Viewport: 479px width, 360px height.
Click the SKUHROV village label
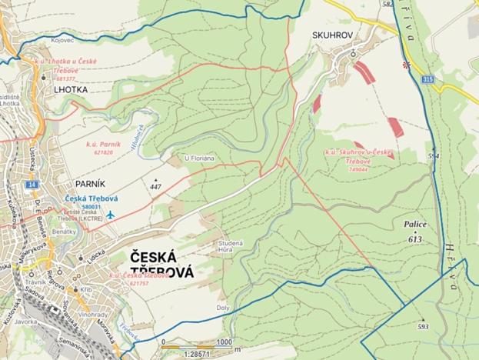pyautogui.click(x=332, y=36)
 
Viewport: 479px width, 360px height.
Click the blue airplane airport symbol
pyautogui.click(x=111, y=215)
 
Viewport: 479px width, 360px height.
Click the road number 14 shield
pyautogui.click(x=31, y=185)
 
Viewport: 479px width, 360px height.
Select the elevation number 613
pyautogui.click(x=417, y=240)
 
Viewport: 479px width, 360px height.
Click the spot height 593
pyautogui.click(x=422, y=326)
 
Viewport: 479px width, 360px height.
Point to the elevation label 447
pyautogui.click(x=156, y=187)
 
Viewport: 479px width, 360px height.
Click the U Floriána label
pyautogui.click(x=198, y=158)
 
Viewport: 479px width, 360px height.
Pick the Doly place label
pyautogui.click(x=222, y=307)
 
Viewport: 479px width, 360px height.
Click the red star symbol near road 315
pyautogui.click(x=407, y=65)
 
